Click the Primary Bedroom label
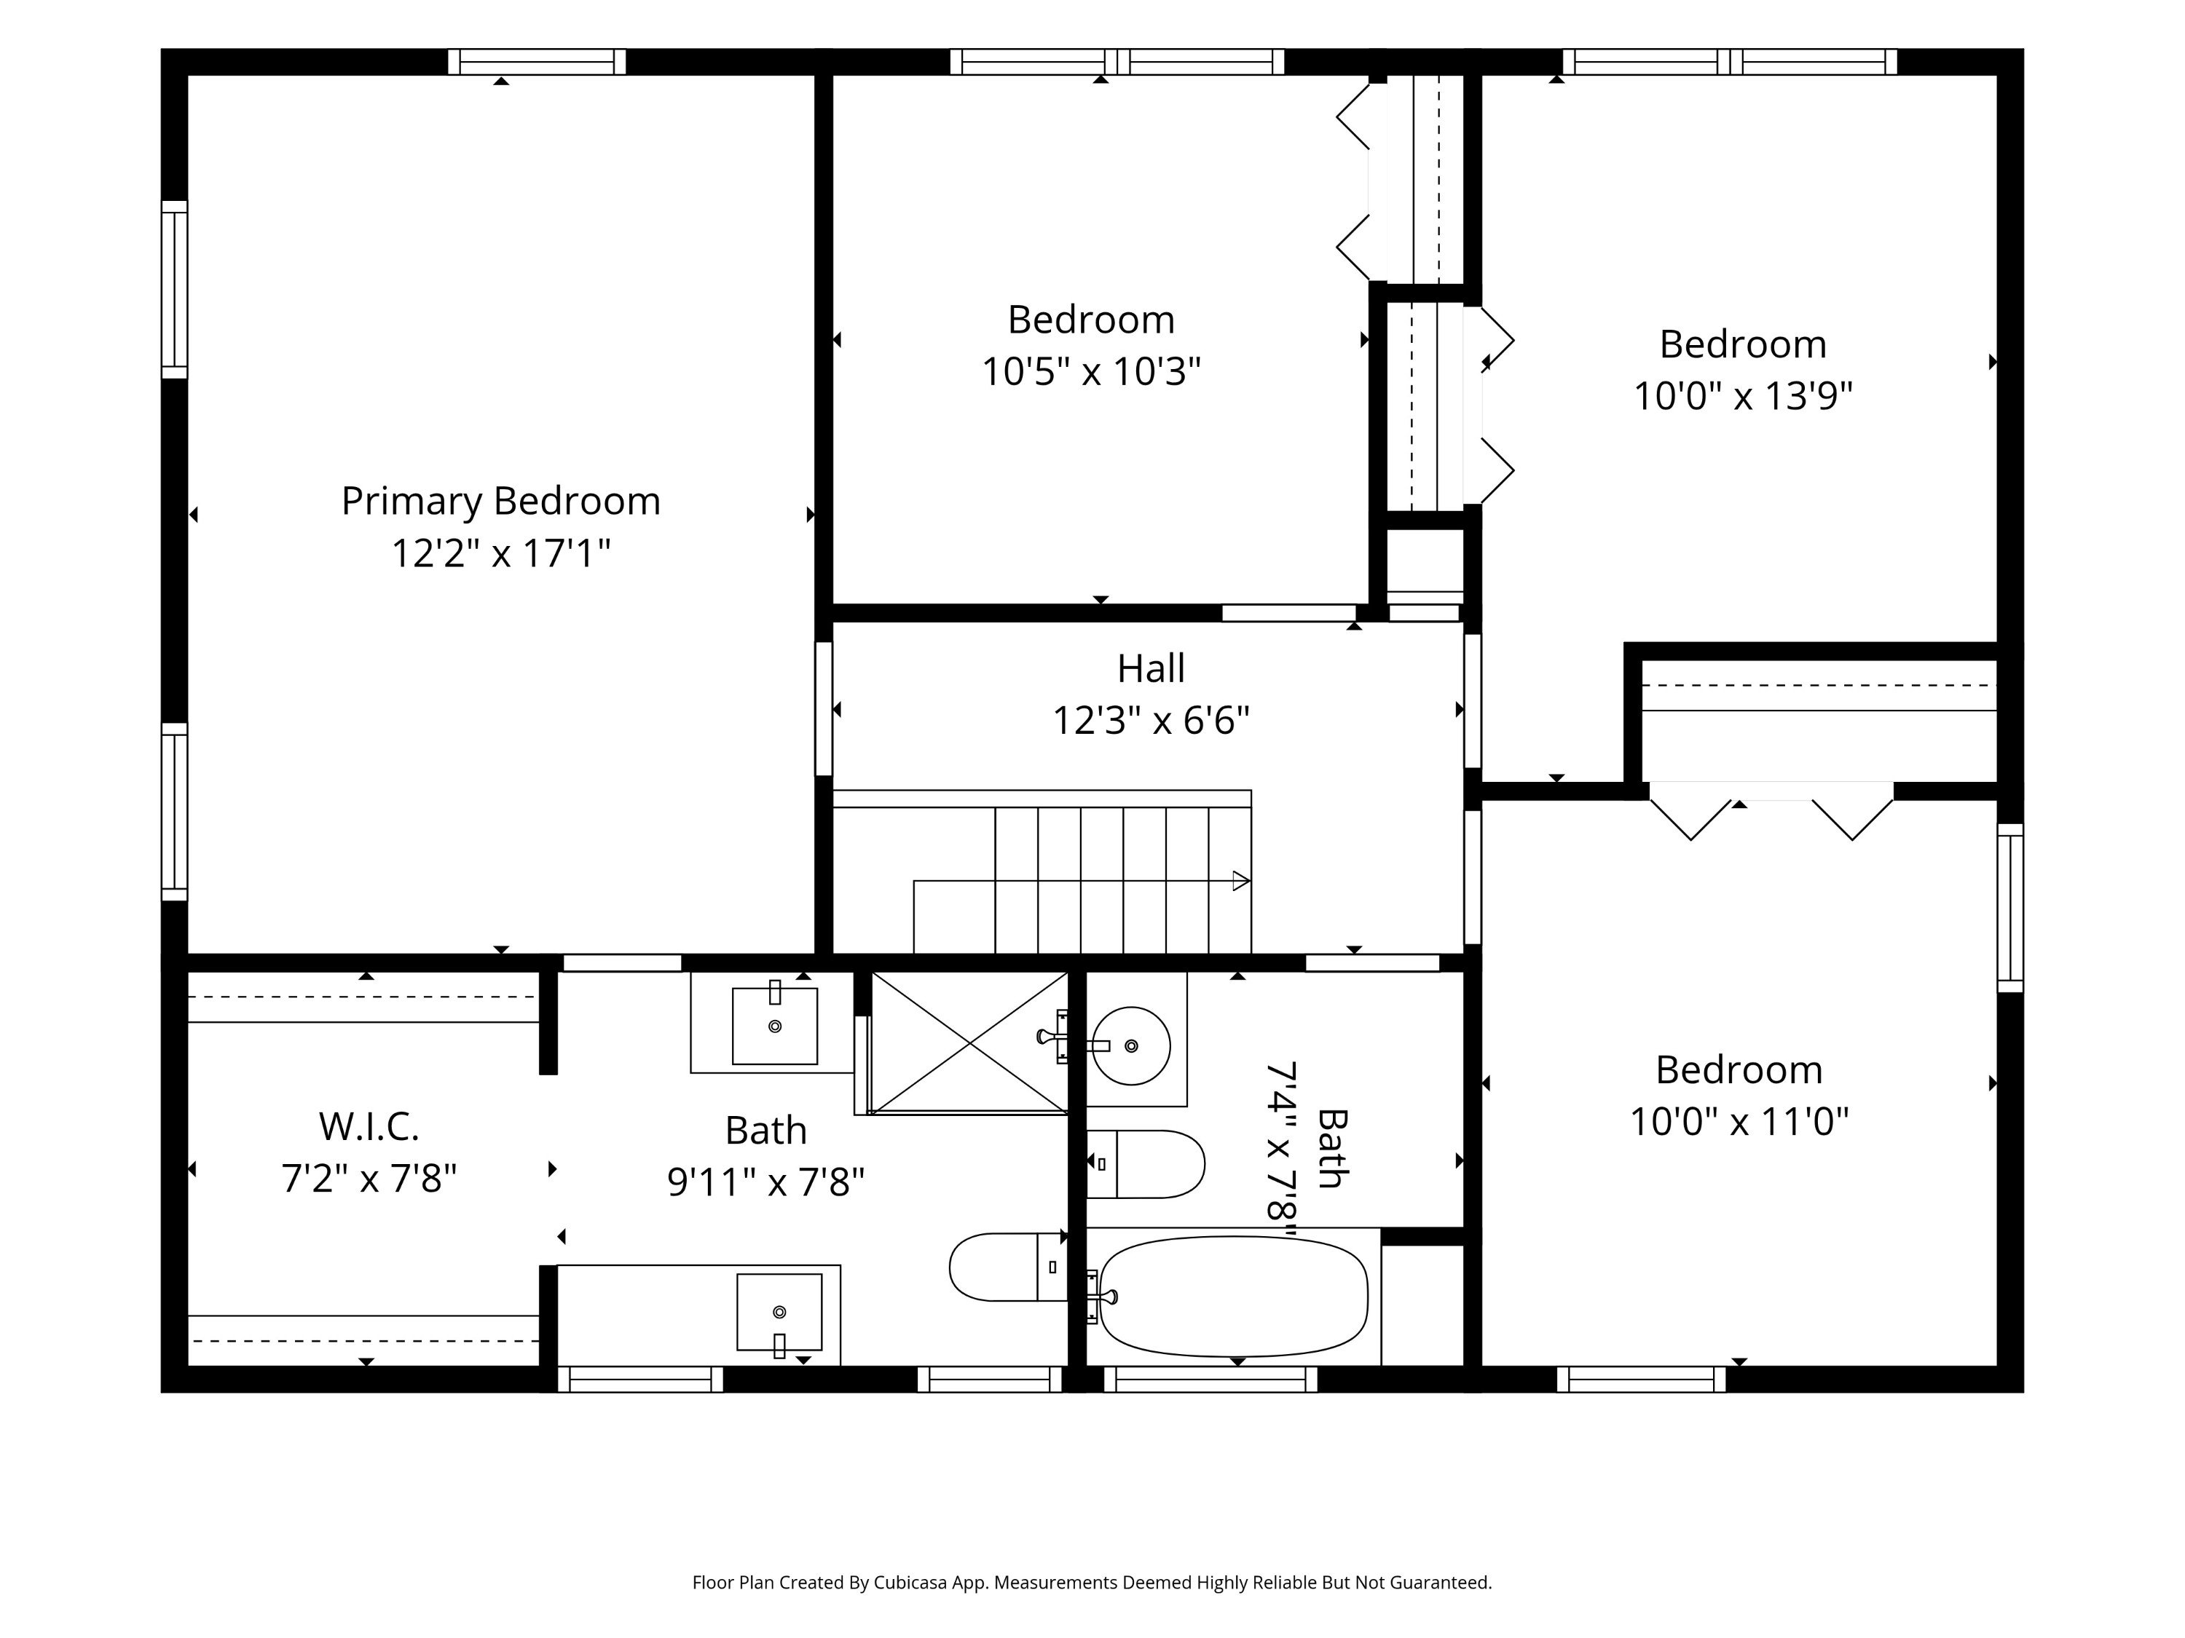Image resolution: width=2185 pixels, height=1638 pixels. (501, 502)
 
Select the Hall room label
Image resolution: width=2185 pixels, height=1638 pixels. (1151, 668)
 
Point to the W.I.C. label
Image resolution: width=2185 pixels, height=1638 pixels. (369, 1125)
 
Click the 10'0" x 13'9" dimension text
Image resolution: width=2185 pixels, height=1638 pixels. (1742, 396)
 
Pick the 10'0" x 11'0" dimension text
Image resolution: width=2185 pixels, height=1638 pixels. (1739, 1122)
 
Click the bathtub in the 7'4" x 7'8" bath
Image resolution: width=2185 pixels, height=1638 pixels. (1234, 1297)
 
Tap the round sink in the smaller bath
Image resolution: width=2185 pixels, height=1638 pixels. (1131, 1045)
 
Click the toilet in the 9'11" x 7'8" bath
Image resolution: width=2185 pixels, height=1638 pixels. (1007, 1267)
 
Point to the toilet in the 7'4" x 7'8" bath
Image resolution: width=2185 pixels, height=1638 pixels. (1145, 1164)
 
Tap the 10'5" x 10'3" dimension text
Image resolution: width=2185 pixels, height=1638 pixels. (1090, 372)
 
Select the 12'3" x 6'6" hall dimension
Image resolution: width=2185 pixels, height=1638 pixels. (1151, 721)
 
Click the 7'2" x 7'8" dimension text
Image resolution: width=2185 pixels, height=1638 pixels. (369, 1178)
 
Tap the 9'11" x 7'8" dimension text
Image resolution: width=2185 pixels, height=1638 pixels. (765, 1182)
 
